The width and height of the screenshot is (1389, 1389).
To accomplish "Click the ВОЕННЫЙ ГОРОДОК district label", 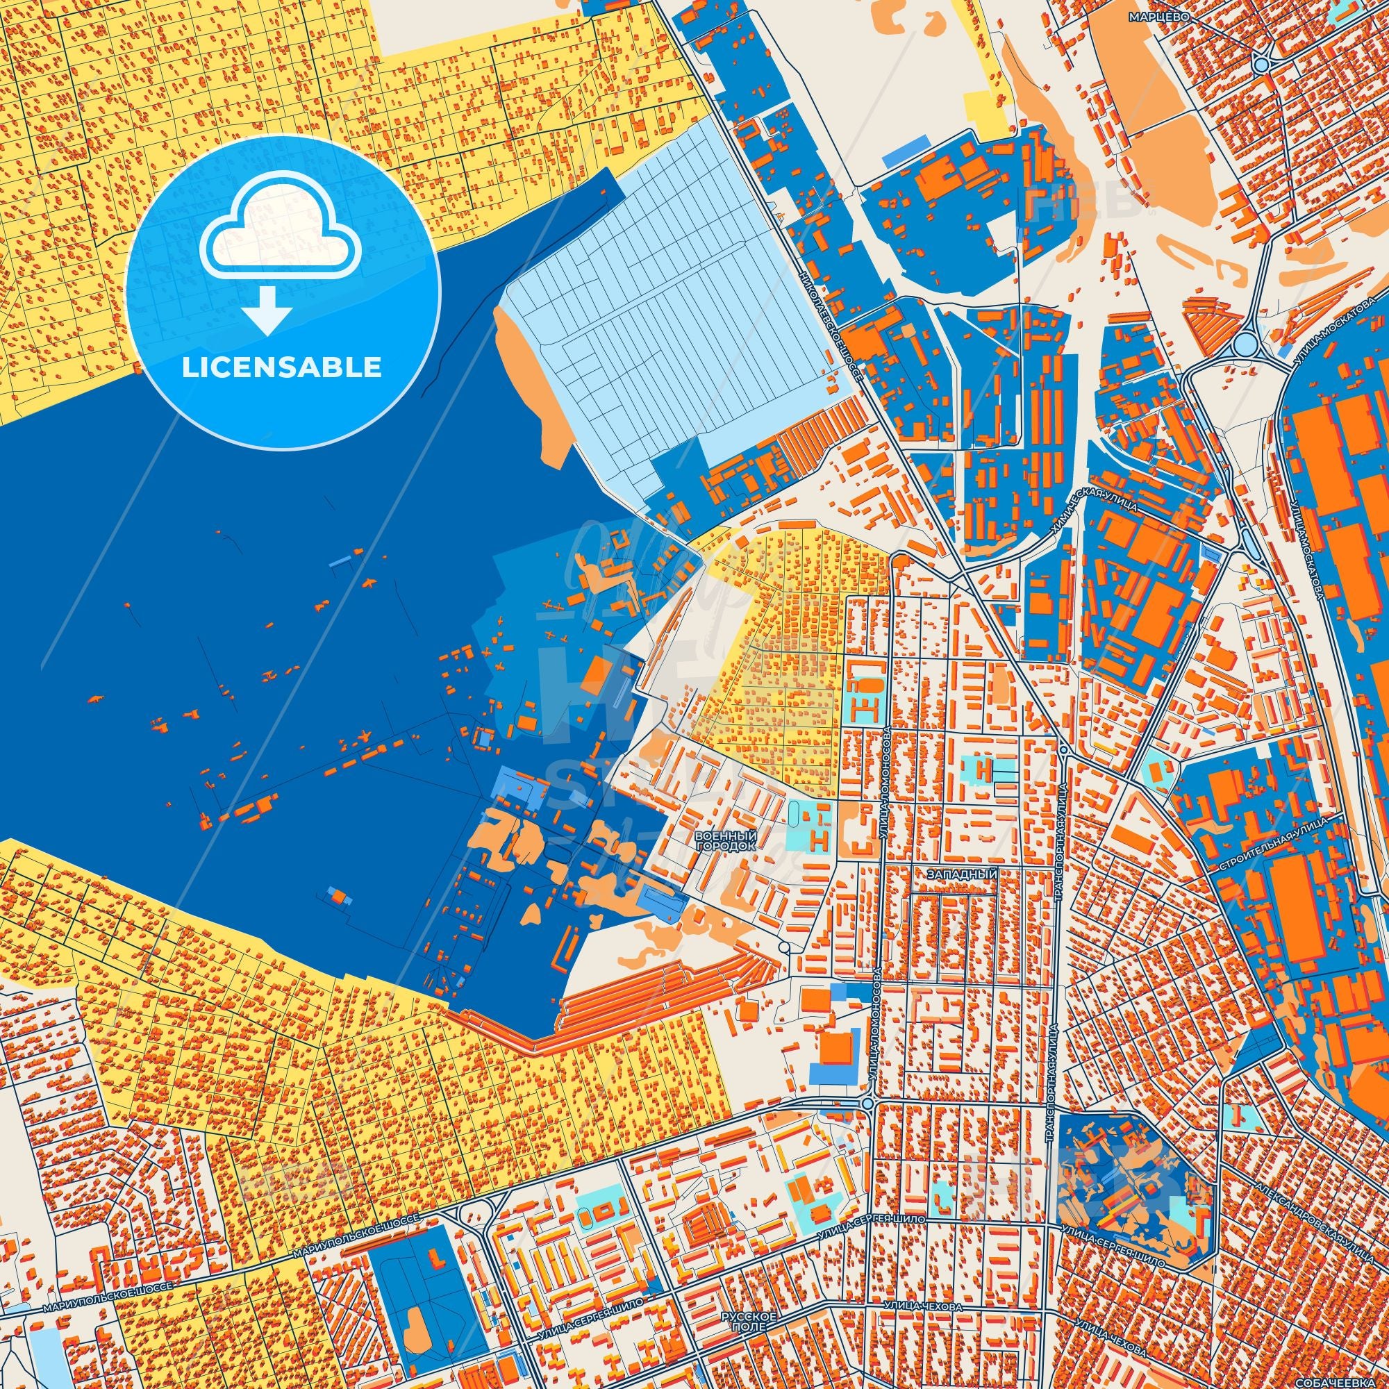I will (x=726, y=841).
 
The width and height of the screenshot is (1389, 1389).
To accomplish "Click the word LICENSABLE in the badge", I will (x=282, y=368).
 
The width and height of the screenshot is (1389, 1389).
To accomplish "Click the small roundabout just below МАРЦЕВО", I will (x=1261, y=65).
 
